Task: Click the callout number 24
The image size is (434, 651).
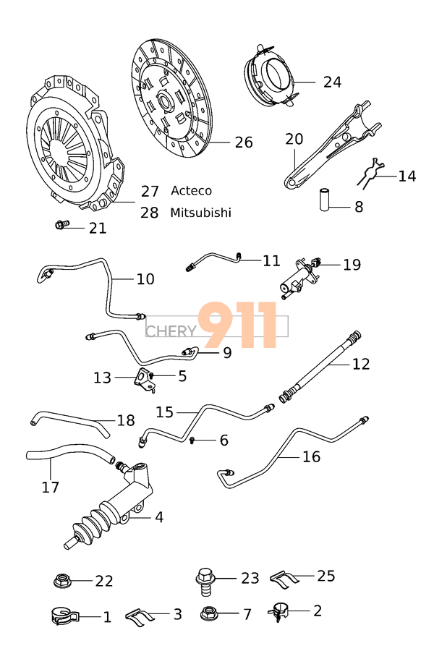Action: click(x=332, y=82)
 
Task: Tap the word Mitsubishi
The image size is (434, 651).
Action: click(x=201, y=213)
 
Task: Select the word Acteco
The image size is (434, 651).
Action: click(x=192, y=191)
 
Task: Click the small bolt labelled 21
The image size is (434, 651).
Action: click(x=61, y=226)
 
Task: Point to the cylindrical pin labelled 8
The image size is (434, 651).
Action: click(x=325, y=199)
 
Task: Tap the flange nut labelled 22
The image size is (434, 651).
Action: click(x=63, y=580)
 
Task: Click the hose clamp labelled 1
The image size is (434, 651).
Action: click(x=64, y=616)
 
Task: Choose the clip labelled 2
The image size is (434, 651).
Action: click(x=278, y=612)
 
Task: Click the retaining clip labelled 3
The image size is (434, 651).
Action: click(x=141, y=616)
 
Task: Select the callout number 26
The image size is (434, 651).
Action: click(x=244, y=142)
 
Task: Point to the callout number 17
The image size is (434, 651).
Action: click(x=50, y=488)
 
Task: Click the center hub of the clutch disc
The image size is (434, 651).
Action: click(x=163, y=100)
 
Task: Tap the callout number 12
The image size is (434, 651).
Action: click(x=360, y=364)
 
